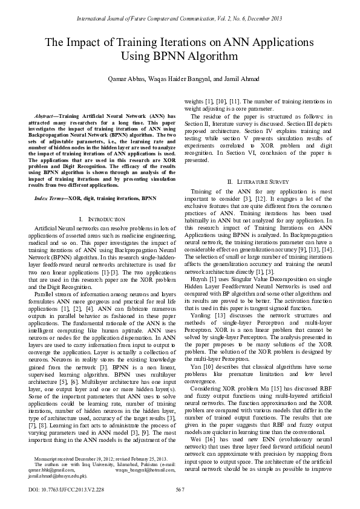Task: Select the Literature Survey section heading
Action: pos(258,182)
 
